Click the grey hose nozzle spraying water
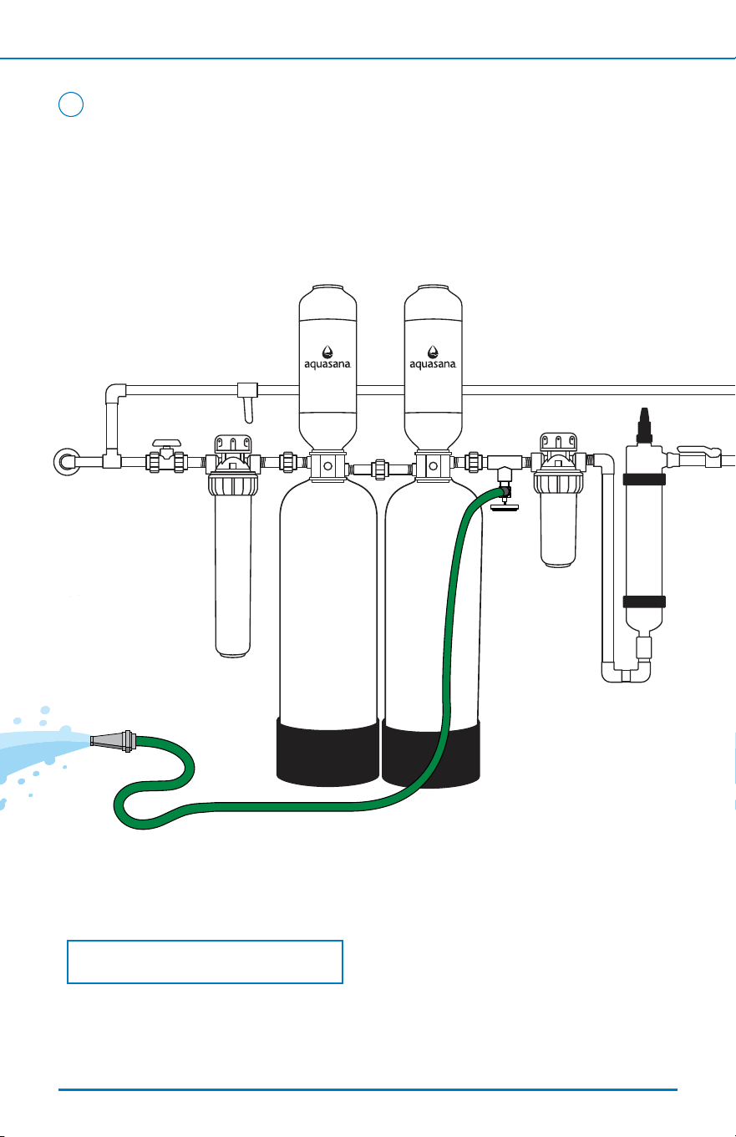pyautogui.click(x=113, y=741)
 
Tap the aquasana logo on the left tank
pyautogui.click(x=327, y=358)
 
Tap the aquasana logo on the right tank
pyautogui.click(x=433, y=358)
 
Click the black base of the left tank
pyautogui.click(x=328, y=752)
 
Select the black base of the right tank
pyautogui.click(x=431, y=754)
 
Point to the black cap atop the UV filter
pyautogui.click(x=644, y=426)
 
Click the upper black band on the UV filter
pyautogui.click(x=644, y=480)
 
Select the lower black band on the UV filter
pyautogui.click(x=644, y=601)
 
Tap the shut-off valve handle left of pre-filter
pyautogui.click(x=166, y=444)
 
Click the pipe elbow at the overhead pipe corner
pyautogui.click(x=115, y=393)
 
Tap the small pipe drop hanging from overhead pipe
pyautogui.click(x=248, y=403)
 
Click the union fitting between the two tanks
pyautogui.click(x=379, y=469)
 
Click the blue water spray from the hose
pyautogui.click(x=41, y=750)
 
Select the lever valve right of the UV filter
pyautogui.click(x=699, y=456)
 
